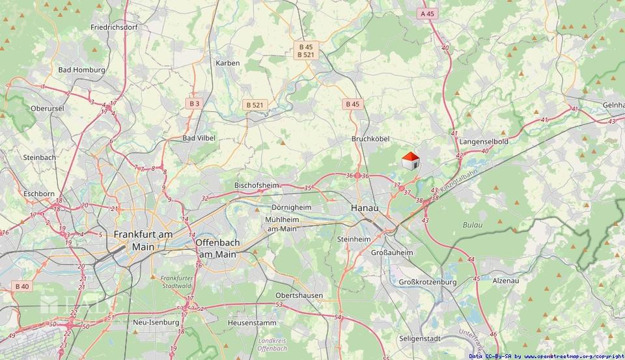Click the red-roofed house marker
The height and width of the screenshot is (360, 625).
click(410, 161)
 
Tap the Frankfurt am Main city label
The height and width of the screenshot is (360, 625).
click(143, 240)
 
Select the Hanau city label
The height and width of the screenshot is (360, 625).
click(364, 207)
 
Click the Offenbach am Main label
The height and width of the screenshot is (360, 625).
click(217, 247)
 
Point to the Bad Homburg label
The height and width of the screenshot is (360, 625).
click(82, 70)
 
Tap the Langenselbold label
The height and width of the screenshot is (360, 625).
click(483, 141)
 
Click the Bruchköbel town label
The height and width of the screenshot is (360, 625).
click(370, 139)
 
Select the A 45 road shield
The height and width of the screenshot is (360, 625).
click(428, 13)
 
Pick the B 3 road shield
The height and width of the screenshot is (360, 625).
click(195, 104)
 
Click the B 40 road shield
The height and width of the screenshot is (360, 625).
click(21, 286)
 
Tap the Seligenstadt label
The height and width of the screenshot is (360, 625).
click(420, 339)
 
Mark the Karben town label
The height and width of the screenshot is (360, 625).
click(228, 63)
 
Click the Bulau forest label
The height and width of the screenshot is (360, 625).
click(473, 225)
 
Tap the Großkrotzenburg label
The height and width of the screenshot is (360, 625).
click(427, 282)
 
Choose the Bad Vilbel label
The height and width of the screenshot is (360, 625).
click(199, 138)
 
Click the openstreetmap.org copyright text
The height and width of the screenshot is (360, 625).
click(547, 356)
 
